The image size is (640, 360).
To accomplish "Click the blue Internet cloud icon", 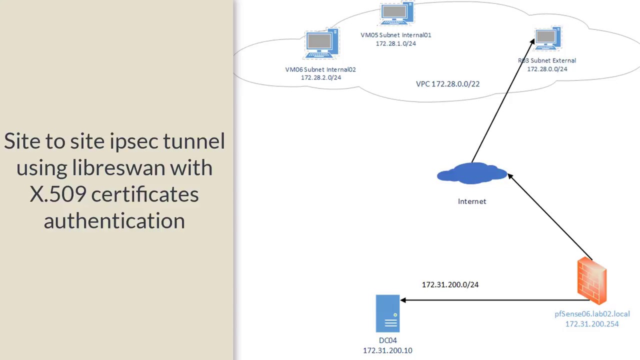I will (472, 173).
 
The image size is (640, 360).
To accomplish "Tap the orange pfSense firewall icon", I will (592, 280).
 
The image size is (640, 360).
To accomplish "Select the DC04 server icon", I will (387, 313).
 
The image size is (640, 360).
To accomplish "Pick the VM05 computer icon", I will (396, 14).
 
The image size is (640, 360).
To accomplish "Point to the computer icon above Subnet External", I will (547, 38).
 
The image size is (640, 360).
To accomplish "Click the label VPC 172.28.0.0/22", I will (447, 84).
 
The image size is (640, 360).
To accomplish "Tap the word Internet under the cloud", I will (472, 201).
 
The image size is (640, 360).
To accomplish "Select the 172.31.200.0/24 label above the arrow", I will (450, 284).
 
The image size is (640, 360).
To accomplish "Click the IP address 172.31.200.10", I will (387, 350).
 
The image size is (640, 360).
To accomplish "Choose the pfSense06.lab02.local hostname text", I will (592, 314).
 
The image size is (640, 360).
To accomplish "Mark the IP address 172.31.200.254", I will (592, 324).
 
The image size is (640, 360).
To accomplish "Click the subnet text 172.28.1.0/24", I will (395, 43).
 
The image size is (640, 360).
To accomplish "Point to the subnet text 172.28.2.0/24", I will (320, 77).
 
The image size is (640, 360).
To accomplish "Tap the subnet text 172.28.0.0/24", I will (547, 69).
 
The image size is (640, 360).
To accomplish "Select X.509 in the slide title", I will (57, 194).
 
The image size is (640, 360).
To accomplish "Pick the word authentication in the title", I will (114, 220).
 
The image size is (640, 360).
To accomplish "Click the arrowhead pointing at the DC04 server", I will (403, 300).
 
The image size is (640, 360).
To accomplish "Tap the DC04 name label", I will (387, 340).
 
